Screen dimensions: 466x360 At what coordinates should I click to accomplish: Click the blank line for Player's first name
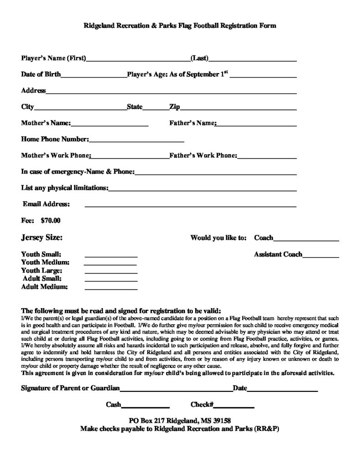(x=138, y=60)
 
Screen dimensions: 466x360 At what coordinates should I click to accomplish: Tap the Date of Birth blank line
(x=93, y=76)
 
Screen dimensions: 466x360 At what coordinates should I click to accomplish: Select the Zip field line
(x=238, y=109)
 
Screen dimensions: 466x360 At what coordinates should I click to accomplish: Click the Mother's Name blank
(x=109, y=125)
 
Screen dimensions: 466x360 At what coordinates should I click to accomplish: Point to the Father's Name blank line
(x=256, y=125)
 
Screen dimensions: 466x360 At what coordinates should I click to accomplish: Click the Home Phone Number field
(x=136, y=141)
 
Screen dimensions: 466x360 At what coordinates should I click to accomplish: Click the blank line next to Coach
(x=306, y=239)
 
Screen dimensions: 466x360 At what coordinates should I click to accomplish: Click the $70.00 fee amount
(x=50, y=221)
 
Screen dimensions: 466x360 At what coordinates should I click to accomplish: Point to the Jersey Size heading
(x=42, y=238)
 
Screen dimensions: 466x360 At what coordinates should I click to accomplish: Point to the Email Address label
(x=46, y=204)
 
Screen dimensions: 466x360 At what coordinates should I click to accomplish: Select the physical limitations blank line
(x=203, y=189)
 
